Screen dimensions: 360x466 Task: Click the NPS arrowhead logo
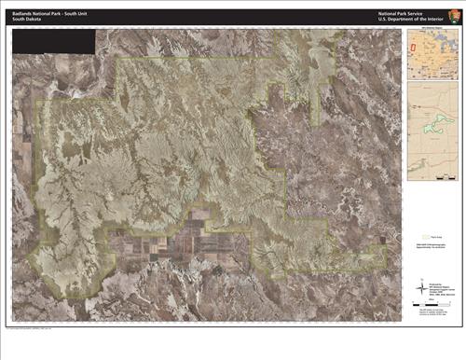point(456,17)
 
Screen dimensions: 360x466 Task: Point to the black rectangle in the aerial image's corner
point(55,40)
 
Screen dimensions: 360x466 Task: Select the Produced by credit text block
point(432,283)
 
